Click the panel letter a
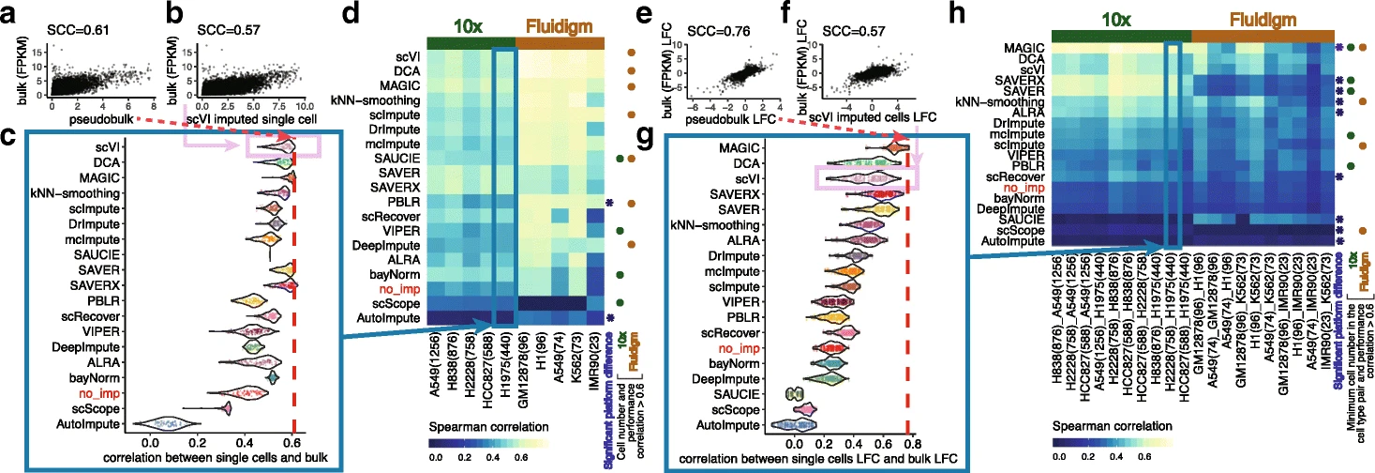(11, 15)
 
